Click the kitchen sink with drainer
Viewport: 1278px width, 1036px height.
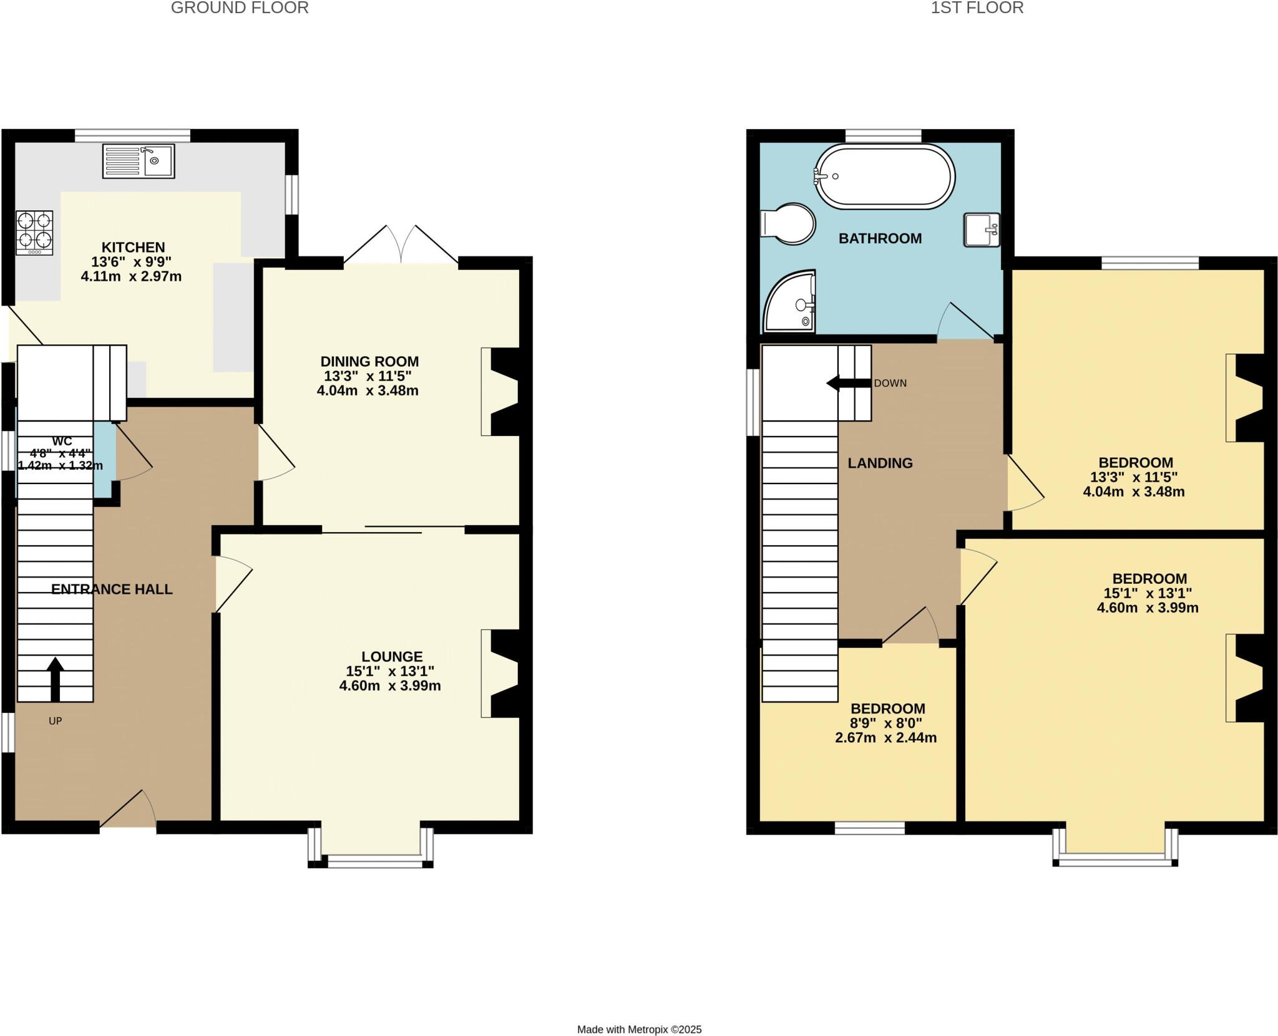point(138,160)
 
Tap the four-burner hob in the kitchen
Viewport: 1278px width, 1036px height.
point(34,231)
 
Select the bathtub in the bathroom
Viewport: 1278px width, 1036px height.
point(884,177)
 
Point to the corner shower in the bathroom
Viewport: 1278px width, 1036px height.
point(789,302)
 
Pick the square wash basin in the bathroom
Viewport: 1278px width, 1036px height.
point(982,230)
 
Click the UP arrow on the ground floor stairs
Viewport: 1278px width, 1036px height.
point(56,679)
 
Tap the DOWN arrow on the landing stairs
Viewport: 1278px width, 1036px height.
point(847,383)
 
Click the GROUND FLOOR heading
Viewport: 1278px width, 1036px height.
point(240,8)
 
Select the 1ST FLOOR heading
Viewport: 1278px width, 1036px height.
point(977,8)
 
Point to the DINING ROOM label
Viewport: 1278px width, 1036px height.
point(369,361)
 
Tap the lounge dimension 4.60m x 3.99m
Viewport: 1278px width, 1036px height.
point(390,686)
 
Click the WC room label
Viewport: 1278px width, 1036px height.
point(62,442)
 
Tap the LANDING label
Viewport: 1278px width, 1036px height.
point(880,463)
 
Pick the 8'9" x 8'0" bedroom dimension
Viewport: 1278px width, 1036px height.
point(887,723)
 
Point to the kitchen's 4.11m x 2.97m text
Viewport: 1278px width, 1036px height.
point(131,276)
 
